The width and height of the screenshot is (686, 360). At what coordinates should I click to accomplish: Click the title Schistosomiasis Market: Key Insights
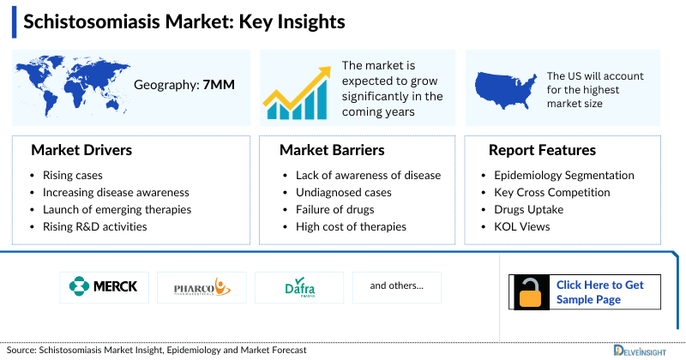pyautogui.click(x=184, y=22)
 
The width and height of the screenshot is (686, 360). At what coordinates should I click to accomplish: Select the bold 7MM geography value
pyautogui.click(x=220, y=85)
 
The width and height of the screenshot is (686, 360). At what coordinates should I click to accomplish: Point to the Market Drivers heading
pyautogui.click(x=81, y=150)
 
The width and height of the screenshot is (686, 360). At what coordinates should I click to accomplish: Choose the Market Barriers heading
pyautogui.click(x=332, y=150)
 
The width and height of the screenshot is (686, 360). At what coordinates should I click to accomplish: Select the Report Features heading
pyautogui.click(x=542, y=150)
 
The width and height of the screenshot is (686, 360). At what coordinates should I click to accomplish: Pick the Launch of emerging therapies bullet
pyautogui.click(x=117, y=210)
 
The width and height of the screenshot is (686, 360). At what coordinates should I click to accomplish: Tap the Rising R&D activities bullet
pyautogui.click(x=94, y=227)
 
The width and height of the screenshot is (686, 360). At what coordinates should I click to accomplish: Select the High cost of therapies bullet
pyautogui.click(x=345, y=227)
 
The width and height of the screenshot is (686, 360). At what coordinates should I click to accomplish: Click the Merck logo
pyautogui.click(x=105, y=286)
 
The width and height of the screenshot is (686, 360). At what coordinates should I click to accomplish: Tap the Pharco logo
pyautogui.click(x=202, y=286)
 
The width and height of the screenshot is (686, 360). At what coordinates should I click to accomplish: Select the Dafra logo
pyautogui.click(x=299, y=287)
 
